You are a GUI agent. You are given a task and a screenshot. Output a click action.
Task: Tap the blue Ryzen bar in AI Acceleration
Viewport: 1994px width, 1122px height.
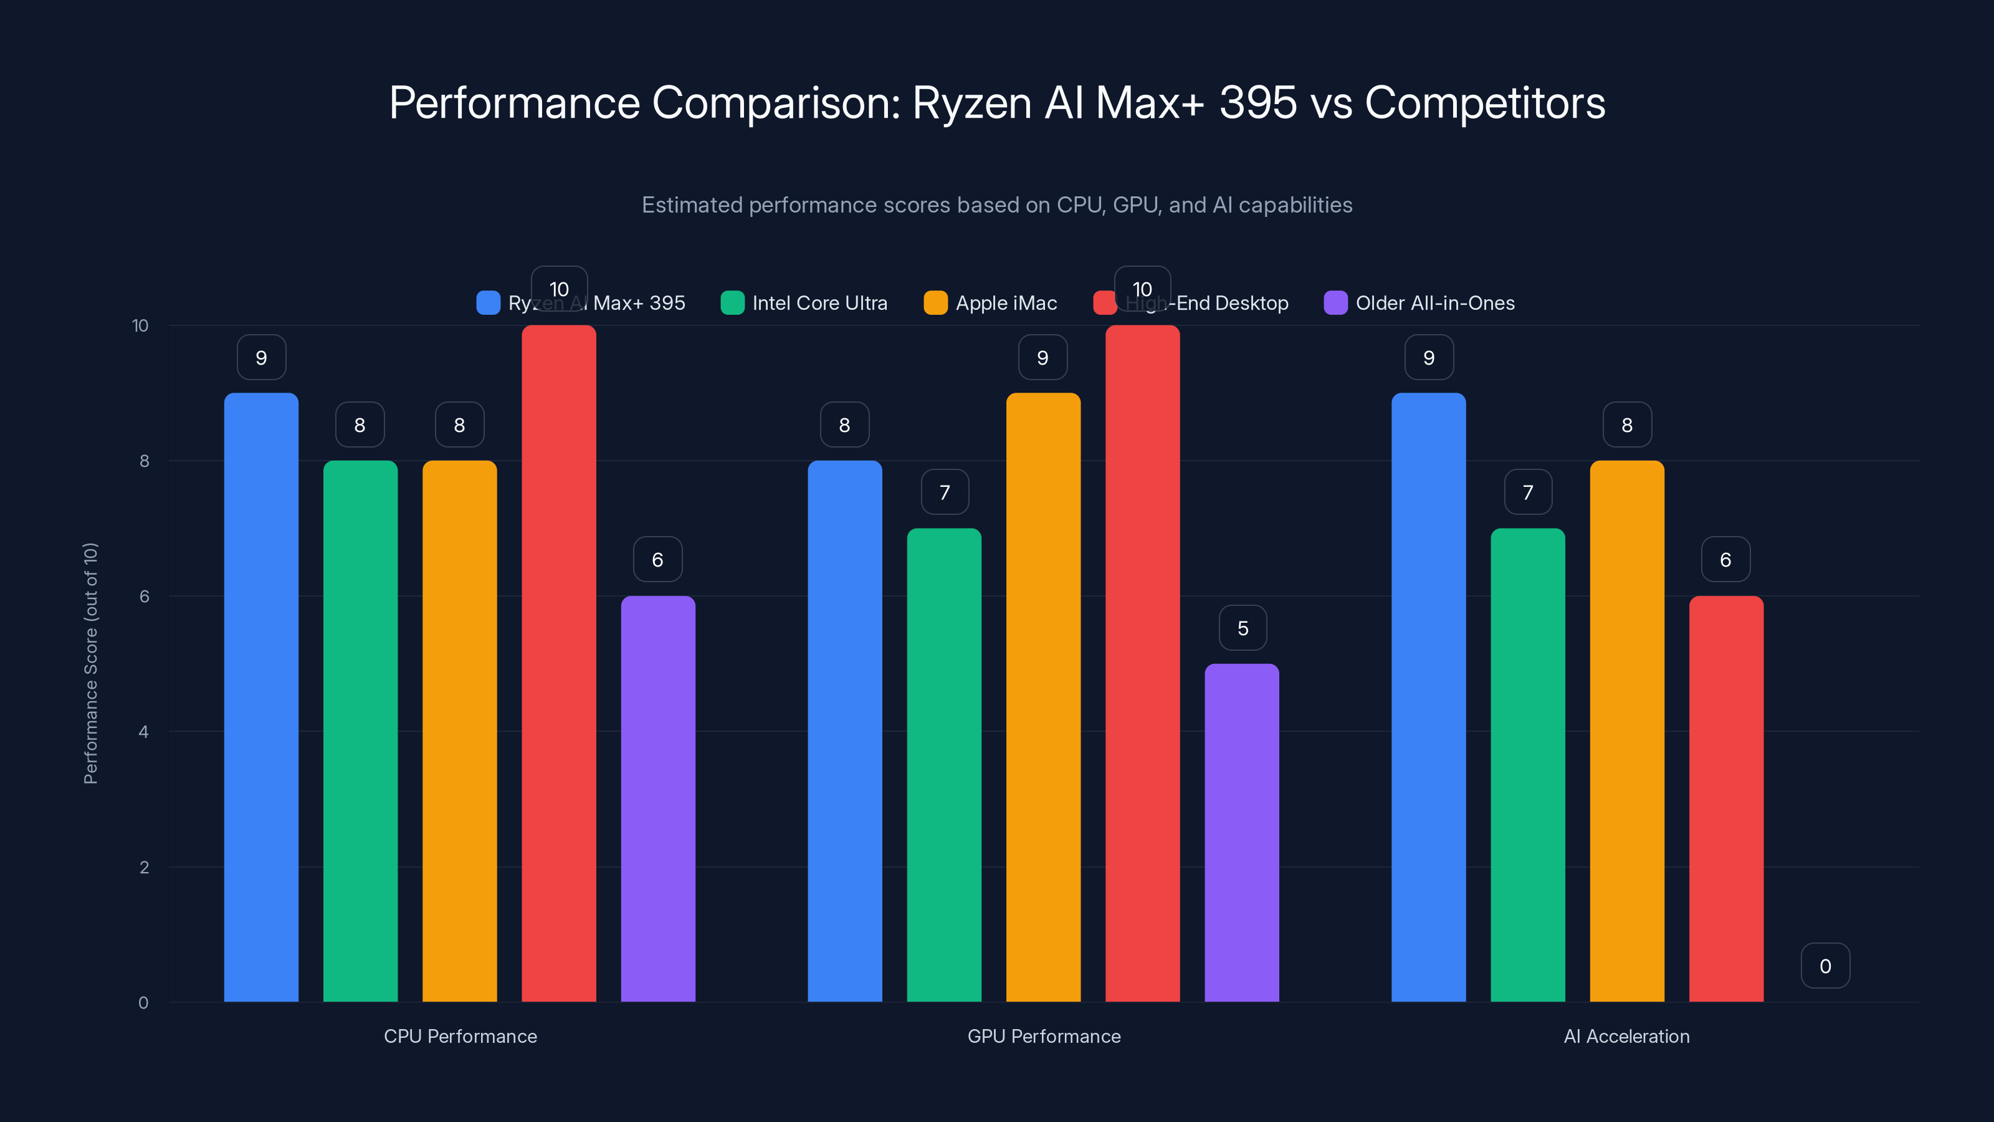point(1428,697)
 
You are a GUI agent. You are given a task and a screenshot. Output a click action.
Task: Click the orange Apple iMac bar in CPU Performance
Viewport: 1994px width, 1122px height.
point(459,731)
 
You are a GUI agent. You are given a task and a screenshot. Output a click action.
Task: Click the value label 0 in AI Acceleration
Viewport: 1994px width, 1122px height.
point(1825,966)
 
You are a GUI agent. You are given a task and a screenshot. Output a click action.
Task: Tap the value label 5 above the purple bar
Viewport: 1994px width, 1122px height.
point(1243,628)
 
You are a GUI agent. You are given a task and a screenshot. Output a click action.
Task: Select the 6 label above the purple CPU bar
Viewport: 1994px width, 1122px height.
point(657,559)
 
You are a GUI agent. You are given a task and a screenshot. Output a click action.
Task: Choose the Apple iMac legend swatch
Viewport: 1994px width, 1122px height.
point(935,303)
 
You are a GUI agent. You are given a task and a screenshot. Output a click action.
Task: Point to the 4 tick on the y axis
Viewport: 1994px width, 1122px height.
point(143,732)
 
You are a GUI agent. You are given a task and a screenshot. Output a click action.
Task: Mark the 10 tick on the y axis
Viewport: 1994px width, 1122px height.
point(140,325)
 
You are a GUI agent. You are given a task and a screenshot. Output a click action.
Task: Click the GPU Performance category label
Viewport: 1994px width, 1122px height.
point(1044,1036)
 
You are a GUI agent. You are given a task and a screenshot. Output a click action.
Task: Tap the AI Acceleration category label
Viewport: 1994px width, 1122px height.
point(1626,1036)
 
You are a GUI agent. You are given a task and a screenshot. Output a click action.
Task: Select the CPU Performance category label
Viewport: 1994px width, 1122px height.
point(460,1036)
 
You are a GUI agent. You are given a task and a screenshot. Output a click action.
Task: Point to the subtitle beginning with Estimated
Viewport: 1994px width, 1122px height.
point(996,204)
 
